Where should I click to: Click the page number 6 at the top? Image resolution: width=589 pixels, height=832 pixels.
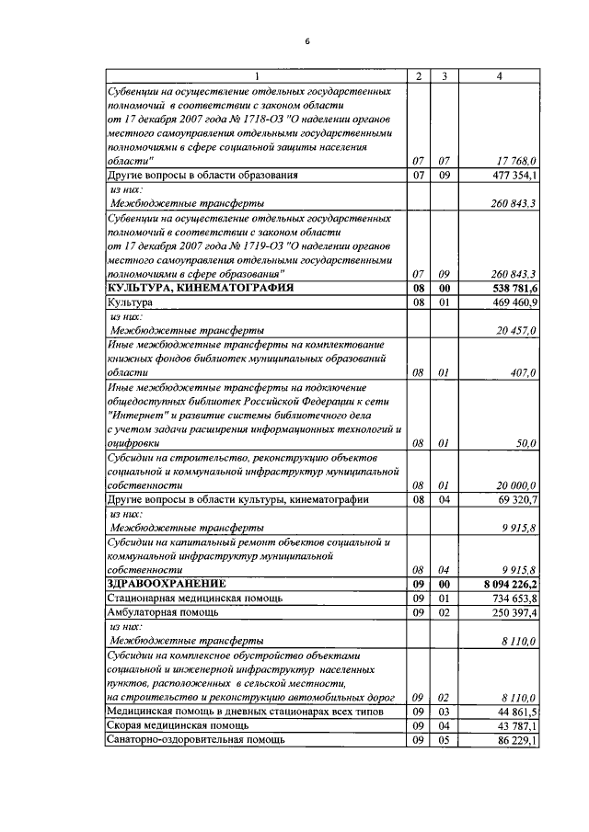click(308, 41)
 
